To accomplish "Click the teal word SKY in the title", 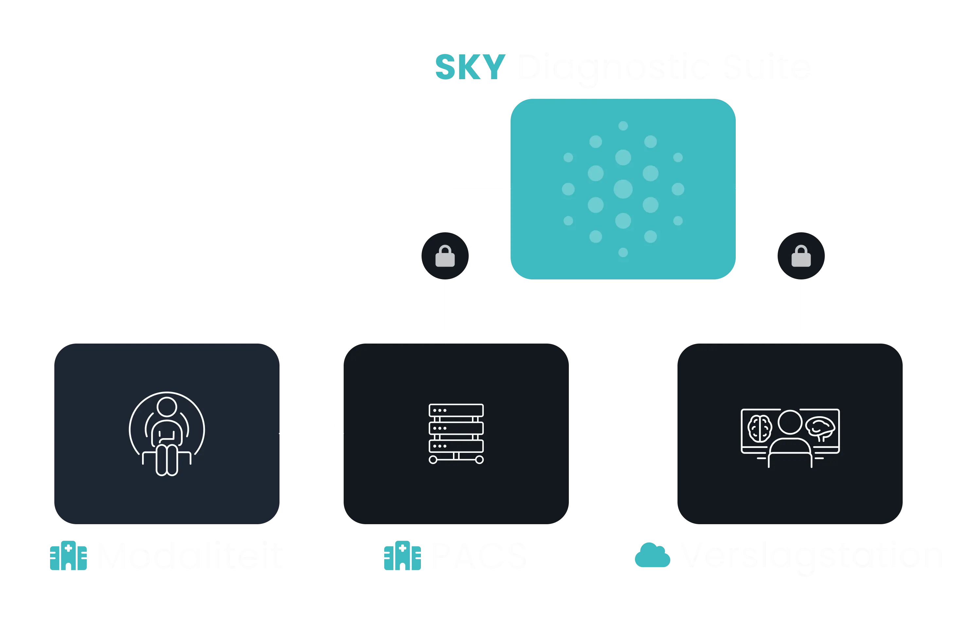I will [470, 67].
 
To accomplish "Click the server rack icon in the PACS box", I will [456, 433].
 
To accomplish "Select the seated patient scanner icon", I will [167, 433].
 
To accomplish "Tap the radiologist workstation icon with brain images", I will [790, 437].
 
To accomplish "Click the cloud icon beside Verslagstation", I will [652, 556].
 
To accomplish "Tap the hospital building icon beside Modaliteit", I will [69, 557].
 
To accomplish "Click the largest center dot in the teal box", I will [623, 189].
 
